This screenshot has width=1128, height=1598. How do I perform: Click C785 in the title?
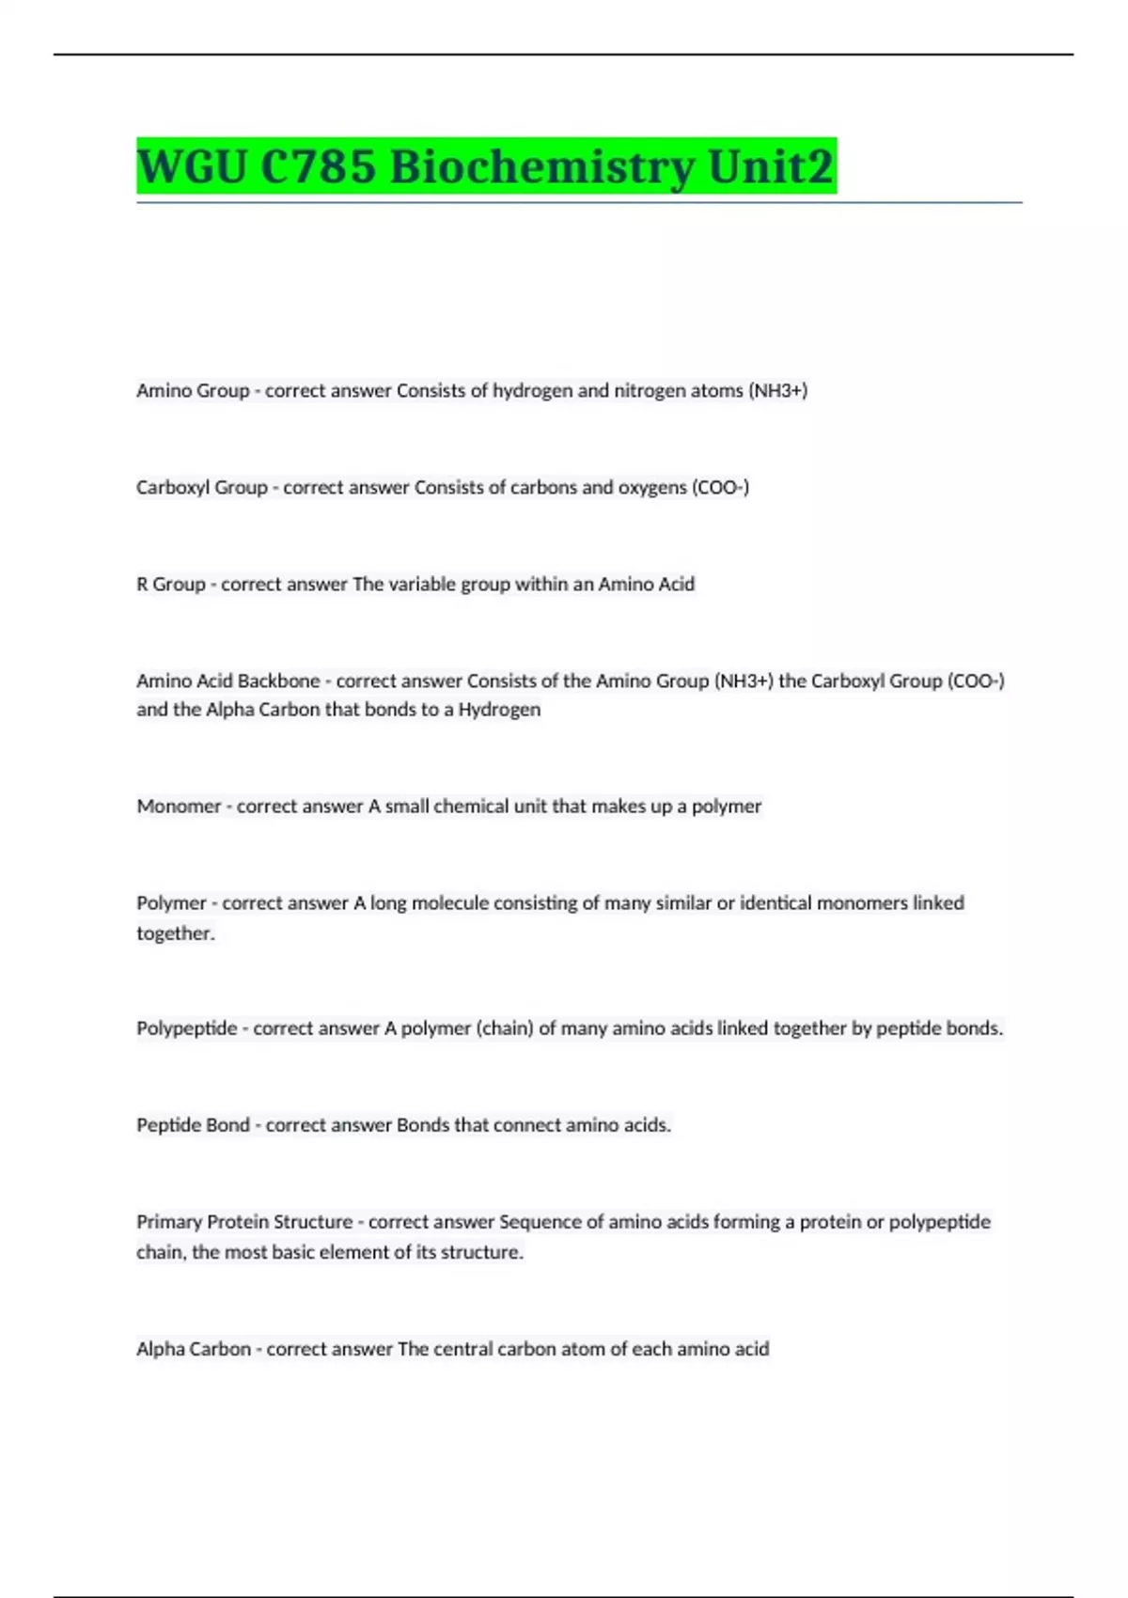click(x=318, y=167)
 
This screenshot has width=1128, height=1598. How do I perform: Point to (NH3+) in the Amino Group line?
click(x=777, y=390)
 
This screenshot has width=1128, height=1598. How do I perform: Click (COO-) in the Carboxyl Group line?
click(x=720, y=487)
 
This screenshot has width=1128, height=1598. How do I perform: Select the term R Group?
click(x=170, y=584)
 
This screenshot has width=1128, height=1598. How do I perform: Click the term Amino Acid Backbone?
click(x=227, y=681)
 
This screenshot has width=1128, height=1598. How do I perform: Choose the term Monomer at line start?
click(x=179, y=806)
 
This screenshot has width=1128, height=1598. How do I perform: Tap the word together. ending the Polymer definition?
click(x=175, y=933)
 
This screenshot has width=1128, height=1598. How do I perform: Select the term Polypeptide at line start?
click(x=186, y=1028)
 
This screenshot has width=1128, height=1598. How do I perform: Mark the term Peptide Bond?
click(x=193, y=1125)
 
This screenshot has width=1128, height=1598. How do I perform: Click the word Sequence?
click(x=540, y=1222)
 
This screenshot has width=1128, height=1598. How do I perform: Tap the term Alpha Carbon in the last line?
click(x=193, y=1349)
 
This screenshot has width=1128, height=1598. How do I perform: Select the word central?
click(x=462, y=1349)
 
